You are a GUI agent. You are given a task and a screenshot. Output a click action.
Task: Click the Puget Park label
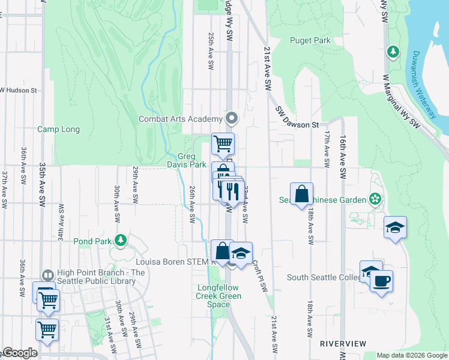click(310, 41)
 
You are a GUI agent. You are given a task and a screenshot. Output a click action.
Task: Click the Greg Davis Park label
click(191, 160)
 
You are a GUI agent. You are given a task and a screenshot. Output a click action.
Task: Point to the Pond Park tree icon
click(121, 240)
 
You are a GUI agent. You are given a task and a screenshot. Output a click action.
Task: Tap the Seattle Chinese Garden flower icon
click(375, 198)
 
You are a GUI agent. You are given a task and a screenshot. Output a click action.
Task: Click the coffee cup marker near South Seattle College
click(381, 281)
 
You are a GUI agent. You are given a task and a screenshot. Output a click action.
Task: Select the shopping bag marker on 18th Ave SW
click(301, 194)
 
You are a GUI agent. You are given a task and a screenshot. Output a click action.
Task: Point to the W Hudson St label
click(19, 91)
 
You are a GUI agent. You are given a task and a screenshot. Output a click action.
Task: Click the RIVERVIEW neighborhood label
click(343, 343)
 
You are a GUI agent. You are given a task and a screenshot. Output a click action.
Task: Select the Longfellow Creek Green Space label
click(219, 296)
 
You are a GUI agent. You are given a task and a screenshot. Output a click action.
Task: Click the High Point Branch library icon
click(47, 274)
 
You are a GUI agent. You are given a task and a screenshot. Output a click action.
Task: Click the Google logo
click(20, 353)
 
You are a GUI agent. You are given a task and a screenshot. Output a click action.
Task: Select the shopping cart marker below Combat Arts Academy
click(223, 143)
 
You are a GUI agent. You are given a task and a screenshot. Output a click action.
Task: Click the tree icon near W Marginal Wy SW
click(393, 52)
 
